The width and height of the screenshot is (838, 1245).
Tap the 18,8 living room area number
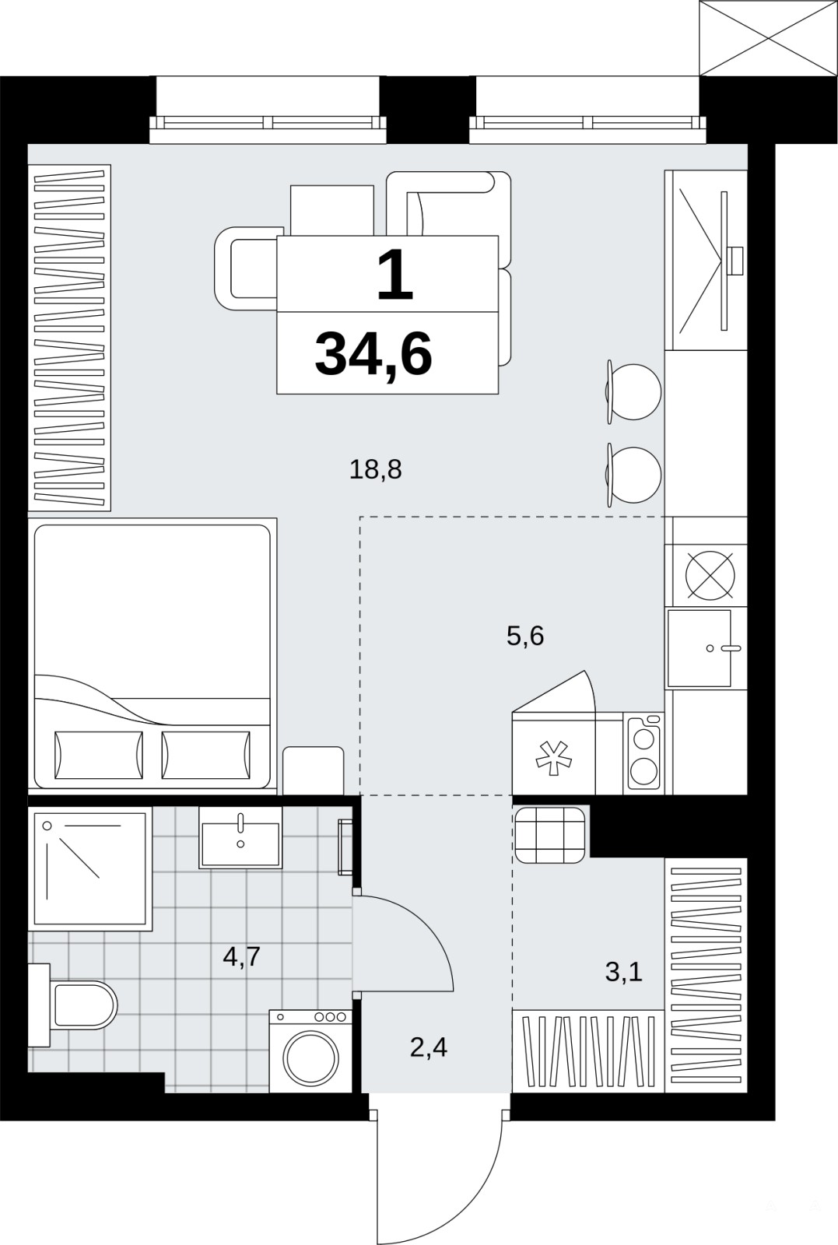pyautogui.click(x=376, y=470)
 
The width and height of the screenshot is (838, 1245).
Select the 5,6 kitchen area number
pyautogui.click(x=525, y=635)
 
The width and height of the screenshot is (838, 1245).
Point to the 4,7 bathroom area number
pyautogui.click(x=242, y=956)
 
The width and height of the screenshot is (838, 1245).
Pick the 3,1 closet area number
pyautogui.click(x=624, y=972)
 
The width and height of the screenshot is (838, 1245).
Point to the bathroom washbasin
pyautogui.click(x=240, y=837)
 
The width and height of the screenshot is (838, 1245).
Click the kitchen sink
pyautogui.click(x=700, y=648)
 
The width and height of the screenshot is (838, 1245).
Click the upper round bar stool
pyautogui.click(x=633, y=392)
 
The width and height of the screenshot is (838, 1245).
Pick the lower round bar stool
pyautogui.click(x=633, y=475)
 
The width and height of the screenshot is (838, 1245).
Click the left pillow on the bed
pyautogui.click(x=98, y=755)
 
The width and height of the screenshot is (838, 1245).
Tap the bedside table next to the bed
pyautogui.click(x=314, y=770)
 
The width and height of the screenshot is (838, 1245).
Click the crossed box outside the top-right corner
pyautogui.click(x=769, y=38)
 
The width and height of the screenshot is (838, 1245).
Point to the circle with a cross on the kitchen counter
pyautogui.click(x=710, y=575)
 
